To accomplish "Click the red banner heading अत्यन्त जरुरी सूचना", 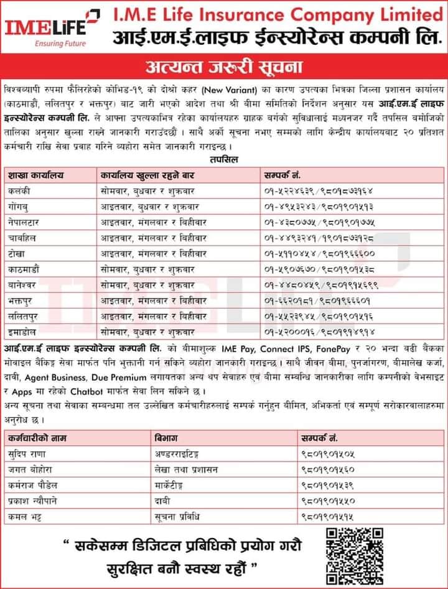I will click(224, 65).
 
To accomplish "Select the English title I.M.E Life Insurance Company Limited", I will click(278, 14).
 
